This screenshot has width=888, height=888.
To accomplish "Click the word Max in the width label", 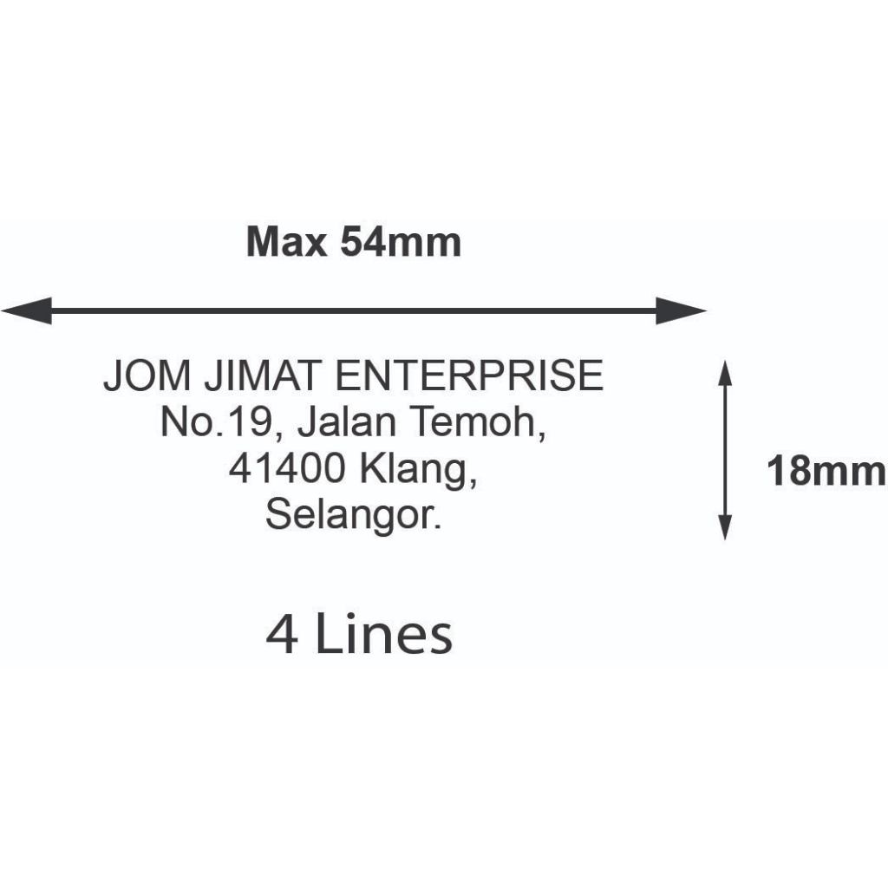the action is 286,243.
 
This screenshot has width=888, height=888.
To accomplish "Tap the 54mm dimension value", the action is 400,243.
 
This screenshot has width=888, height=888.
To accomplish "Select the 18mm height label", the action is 826,473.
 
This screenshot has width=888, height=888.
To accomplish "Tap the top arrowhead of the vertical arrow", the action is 726,373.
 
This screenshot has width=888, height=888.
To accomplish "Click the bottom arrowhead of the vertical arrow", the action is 726,527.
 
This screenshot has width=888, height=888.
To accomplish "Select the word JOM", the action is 146,377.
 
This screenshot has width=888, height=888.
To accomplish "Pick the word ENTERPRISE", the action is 468,377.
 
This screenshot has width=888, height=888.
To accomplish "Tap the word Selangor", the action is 352,517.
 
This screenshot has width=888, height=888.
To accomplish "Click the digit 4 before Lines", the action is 283,636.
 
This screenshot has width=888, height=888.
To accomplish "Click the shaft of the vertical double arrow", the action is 726,450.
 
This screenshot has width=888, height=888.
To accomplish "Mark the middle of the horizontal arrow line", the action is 354,310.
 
